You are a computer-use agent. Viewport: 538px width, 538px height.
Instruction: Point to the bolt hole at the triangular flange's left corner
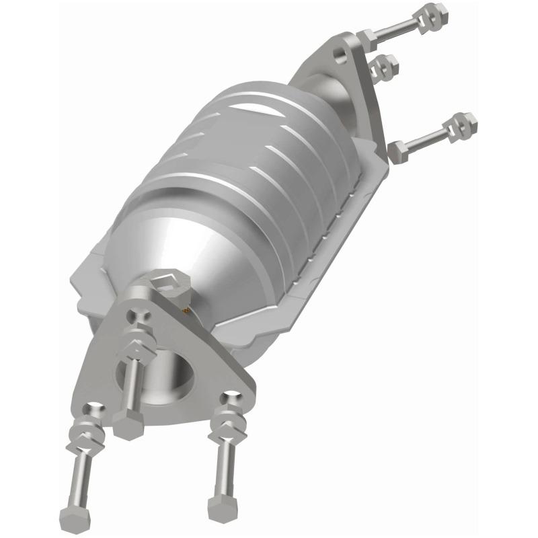tap(95, 408)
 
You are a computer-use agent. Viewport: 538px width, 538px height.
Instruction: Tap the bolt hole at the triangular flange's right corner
tap(233, 399)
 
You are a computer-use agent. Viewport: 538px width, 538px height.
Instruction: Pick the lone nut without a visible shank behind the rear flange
tap(385, 65)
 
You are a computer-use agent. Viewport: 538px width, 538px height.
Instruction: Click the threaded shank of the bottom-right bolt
tap(223, 471)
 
